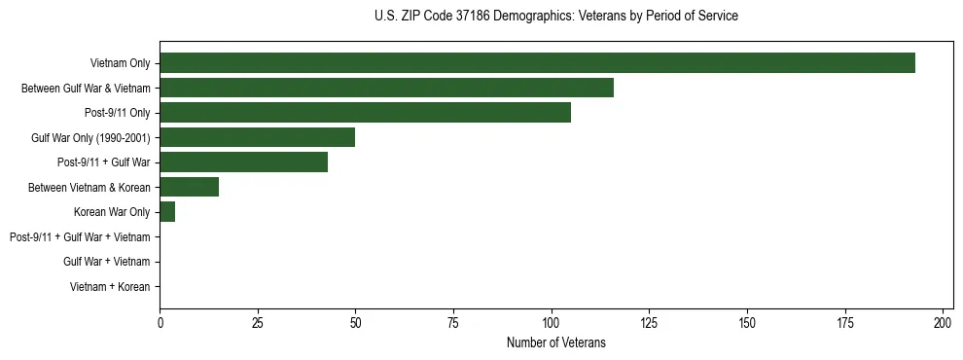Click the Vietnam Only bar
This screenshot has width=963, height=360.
[x=537, y=63]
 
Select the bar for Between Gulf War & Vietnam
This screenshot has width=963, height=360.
[x=386, y=89]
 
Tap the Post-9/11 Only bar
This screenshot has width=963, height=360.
[x=365, y=113]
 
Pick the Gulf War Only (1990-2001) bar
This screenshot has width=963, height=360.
[x=257, y=137]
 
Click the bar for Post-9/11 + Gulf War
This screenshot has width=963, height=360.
[x=243, y=162]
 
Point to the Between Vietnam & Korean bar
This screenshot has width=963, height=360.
[x=189, y=187]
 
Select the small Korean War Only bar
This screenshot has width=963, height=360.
[x=167, y=212]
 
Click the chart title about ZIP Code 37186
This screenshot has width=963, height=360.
[x=555, y=17]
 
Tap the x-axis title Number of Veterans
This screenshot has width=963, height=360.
[x=555, y=342]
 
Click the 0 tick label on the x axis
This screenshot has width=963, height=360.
[x=160, y=322]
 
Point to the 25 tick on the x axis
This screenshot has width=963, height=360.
[x=258, y=322]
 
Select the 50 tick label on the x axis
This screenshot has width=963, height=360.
[x=356, y=322]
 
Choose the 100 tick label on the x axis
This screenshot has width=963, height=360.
[x=552, y=322]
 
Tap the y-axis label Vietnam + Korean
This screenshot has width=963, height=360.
[x=110, y=287]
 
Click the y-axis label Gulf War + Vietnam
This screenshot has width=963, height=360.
[x=106, y=262]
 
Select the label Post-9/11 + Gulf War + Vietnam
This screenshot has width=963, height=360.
[x=80, y=237]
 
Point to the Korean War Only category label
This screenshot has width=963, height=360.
[x=112, y=212]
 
